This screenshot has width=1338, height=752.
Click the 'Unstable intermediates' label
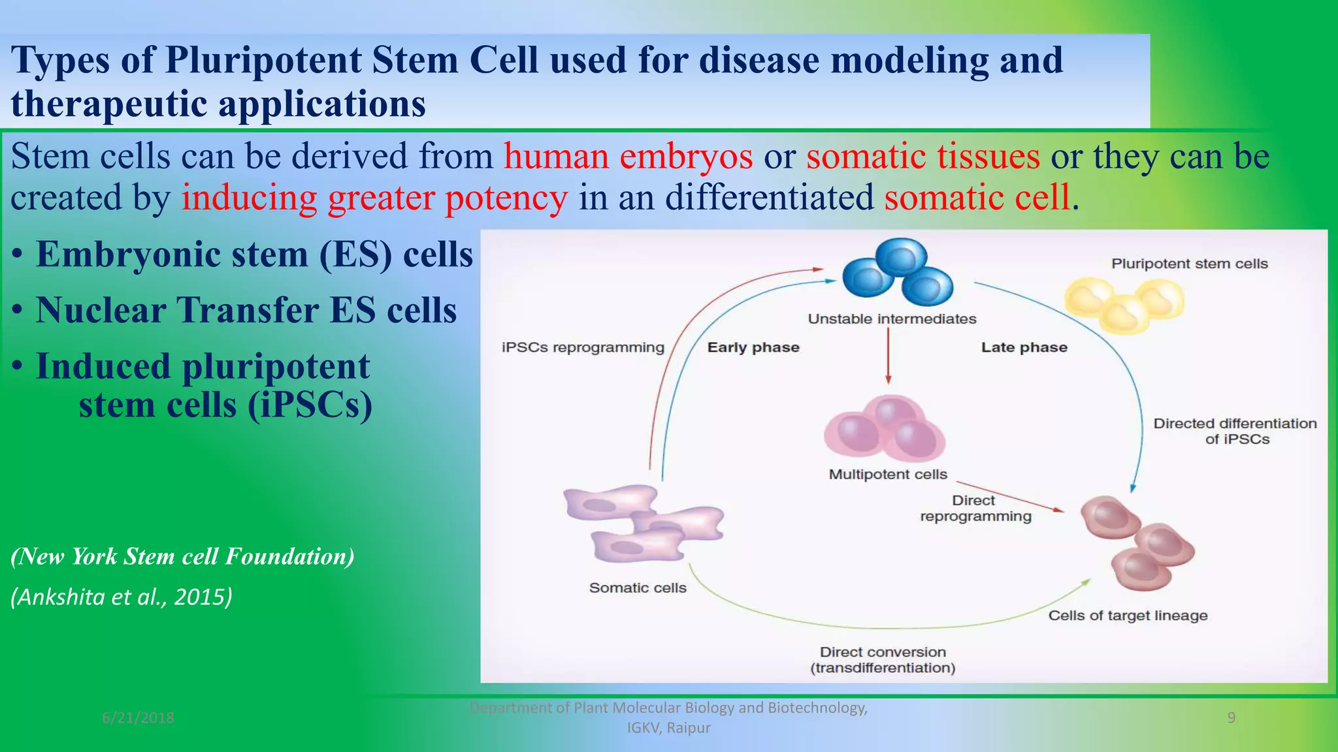point(892,319)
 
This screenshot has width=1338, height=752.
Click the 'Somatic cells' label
point(638,588)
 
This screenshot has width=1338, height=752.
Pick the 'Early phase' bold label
point(753,347)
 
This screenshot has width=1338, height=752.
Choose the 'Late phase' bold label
point(1024,347)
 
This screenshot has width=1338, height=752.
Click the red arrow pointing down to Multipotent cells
point(888,356)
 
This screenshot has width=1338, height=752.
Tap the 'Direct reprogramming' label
point(975,509)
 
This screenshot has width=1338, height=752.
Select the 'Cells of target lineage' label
point(1128,616)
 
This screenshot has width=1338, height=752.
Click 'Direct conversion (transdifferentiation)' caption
point(883,660)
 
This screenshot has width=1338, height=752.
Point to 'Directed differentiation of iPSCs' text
point(1235,431)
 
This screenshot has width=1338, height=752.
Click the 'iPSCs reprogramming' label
point(583,347)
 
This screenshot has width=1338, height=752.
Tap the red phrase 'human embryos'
point(628,157)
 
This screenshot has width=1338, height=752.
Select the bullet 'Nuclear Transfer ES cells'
point(246,310)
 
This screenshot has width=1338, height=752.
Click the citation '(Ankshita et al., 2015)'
point(122,597)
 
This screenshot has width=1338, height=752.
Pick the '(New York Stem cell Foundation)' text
point(183,556)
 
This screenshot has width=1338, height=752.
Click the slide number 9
point(1231,718)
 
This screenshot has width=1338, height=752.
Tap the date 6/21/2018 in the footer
point(138,718)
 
